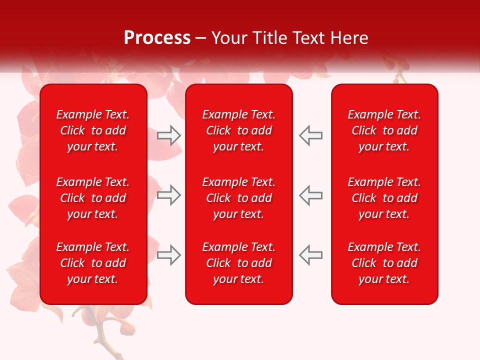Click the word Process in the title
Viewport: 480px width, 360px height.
157,38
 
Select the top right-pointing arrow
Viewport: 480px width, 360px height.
169,135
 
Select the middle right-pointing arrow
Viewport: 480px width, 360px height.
169,195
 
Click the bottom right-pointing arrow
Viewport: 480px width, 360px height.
169,255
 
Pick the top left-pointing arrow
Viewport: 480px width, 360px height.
310,135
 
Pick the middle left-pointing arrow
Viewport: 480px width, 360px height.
310,195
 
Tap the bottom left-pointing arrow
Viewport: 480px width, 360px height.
310,255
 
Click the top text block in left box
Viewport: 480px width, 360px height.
93,130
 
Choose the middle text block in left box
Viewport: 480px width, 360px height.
93,198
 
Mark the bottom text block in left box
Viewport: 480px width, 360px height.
93,263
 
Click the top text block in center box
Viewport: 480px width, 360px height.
239,130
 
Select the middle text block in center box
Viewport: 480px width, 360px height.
239,198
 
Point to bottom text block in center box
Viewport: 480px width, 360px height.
239,263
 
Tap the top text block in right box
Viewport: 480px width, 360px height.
384,130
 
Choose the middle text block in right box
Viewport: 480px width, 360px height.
384,198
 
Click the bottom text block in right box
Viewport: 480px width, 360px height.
384,263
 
